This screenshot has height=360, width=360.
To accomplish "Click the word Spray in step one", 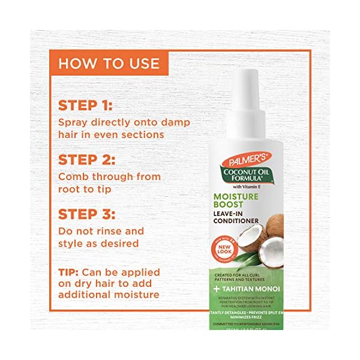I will pos(73,122).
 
